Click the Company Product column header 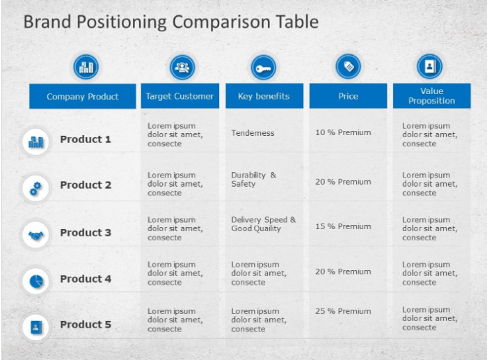tap(83, 96)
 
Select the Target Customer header tap(179, 96)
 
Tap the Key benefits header tap(264, 96)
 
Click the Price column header tap(348, 96)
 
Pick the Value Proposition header tap(431, 96)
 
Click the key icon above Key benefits tap(264, 68)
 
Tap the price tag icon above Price tap(348, 67)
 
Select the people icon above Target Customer tap(182, 68)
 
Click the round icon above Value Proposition tap(429, 67)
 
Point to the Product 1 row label tap(86, 139)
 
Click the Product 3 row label tap(86, 233)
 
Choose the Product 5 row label tap(86, 324)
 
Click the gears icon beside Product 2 tap(35, 187)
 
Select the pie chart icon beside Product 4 tap(35, 281)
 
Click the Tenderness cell tap(253, 133)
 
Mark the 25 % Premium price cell tap(343, 311)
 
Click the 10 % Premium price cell tap(343, 132)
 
